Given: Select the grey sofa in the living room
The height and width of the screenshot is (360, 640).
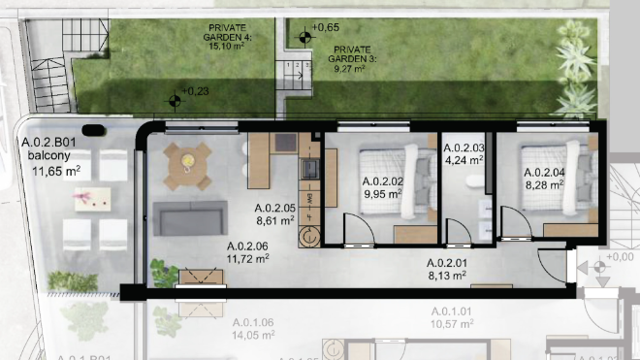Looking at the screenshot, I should coord(190,220).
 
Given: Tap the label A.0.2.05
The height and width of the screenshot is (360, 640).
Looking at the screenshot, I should coord(274,208).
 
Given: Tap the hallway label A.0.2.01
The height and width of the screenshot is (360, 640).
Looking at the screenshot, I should coord(449,262).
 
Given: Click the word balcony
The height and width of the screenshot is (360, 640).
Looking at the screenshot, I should coord(48,157).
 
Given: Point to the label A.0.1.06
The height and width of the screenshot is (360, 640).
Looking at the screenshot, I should coord(254,323).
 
